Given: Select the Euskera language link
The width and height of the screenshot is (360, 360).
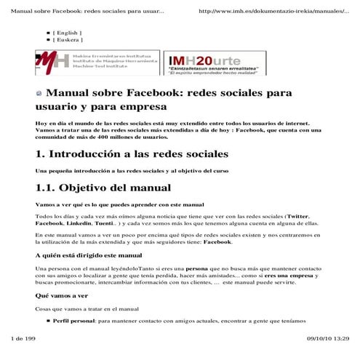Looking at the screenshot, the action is pyautogui.click(x=67, y=40).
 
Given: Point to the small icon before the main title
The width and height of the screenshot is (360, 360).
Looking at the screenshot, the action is pyautogui.click(x=39, y=93).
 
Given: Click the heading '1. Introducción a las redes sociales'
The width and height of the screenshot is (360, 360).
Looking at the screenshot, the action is pyautogui.click(x=132, y=154).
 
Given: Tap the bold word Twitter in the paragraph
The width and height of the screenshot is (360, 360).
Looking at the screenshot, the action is pyautogui.click(x=297, y=216).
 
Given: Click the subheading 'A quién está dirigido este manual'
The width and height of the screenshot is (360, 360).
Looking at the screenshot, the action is pyautogui.click(x=88, y=255).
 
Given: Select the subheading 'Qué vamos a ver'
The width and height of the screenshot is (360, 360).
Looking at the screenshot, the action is pyautogui.click(x=62, y=296).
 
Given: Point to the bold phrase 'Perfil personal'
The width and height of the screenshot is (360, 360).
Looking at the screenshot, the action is pyautogui.click(x=74, y=321).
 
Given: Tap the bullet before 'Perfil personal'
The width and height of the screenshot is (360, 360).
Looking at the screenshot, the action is pyautogui.click(x=48, y=321).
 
